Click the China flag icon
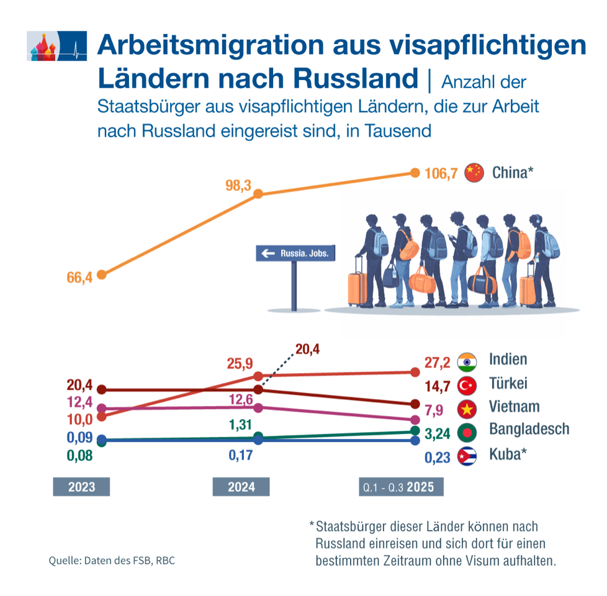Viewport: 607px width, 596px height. (474, 173)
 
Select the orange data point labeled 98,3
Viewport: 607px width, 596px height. (259, 194)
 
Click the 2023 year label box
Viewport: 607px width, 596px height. (81, 487)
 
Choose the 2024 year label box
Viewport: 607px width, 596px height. (241, 487)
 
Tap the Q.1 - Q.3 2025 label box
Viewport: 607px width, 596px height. (402, 487)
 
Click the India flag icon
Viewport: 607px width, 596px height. (467, 361)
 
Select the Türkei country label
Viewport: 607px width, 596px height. (508, 384)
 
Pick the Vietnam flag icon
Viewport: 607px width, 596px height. (467, 409)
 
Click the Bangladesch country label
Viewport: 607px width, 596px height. (529, 429)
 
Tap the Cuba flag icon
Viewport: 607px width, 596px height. (467, 457)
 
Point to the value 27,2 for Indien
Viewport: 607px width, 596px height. (438, 362)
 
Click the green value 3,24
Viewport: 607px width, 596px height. (438, 433)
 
